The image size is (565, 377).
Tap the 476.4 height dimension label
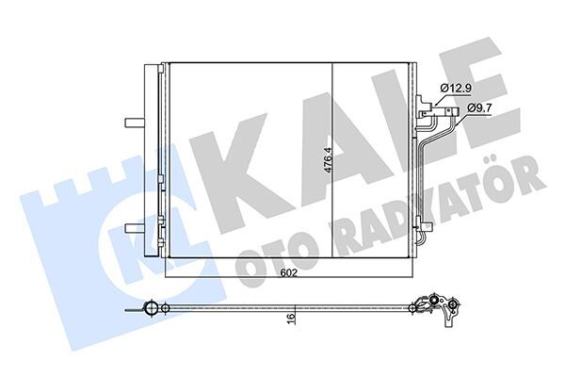pyautogui.click(x=327, y=167)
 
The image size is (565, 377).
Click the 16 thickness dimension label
pyautogui.click(x=294, y=320)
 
